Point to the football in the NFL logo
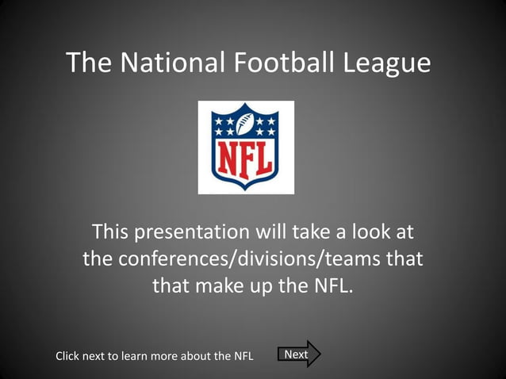pyautogui.click(x=246, y=124)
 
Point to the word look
pyautogui.click(x=370, y=232)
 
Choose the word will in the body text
pyautogui.click(x=271, y=232)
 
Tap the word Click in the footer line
pyautogui.click(x=68, y=356)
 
